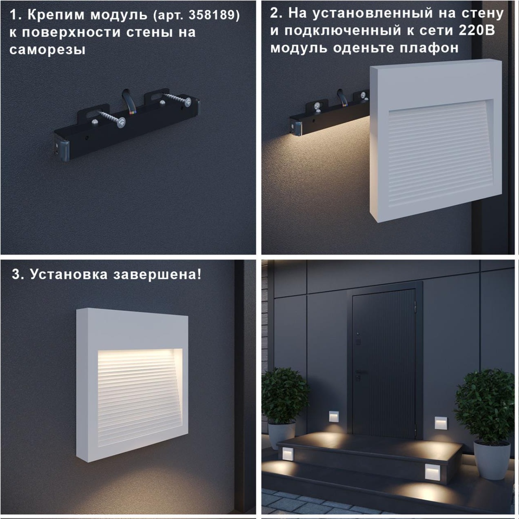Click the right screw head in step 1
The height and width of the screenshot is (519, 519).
pos(188,102)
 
